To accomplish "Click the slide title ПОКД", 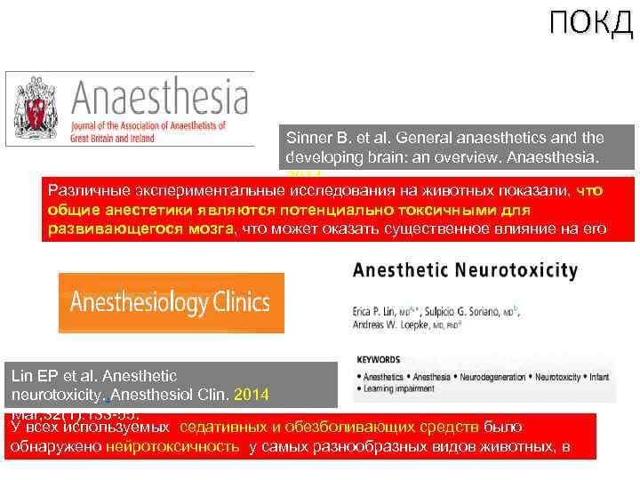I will click(590, 24).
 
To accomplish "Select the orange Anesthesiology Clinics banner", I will click(171, 302).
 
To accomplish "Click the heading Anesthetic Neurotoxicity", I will click(465, 269).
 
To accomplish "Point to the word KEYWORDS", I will click(380, 361).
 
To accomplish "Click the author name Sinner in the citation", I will click(308, 138).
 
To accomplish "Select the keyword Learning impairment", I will click(396, 389).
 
